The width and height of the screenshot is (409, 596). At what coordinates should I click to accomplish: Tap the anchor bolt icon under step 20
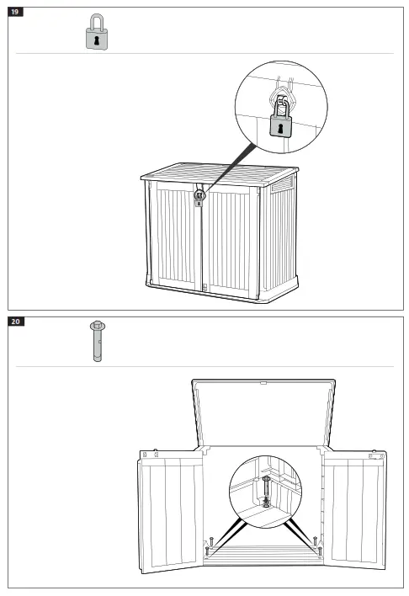pyautogui.click(x=97, y=341)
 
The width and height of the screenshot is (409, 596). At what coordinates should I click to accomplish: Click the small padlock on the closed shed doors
pyautogui.click(x=199, y=196)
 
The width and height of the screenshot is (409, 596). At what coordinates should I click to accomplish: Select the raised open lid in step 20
pyautogui.click(x=263, y=412)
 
